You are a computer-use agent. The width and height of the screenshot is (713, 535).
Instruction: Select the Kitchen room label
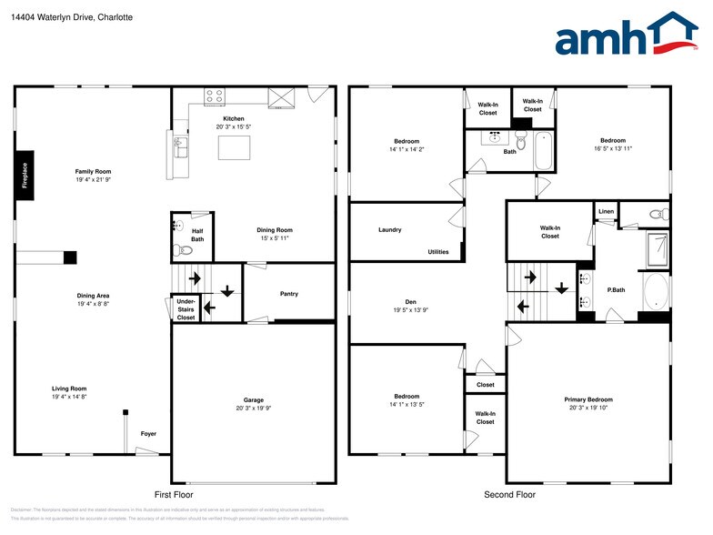[x=234, y=119]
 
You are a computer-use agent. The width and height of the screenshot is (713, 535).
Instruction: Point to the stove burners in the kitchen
[x=215, y=94]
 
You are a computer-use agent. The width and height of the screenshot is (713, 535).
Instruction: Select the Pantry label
[x=289, y=294]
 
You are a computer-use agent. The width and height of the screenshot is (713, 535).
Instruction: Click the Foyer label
[x=148, y=434]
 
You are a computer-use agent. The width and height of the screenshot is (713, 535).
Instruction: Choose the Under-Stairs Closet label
[x=186, y=309]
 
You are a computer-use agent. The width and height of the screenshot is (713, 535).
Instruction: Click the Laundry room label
[x=389, y=230]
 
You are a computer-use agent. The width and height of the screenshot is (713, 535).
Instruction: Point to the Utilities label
[x=437, y=252]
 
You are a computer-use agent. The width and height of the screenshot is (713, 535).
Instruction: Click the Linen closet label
[x=607, y=212]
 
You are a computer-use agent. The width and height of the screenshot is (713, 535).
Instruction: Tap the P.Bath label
[x=616, y=290]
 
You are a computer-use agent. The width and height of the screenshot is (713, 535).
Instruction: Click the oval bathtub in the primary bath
[x=655, y=291]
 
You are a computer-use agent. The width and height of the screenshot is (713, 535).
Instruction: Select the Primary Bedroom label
[x=587, y=399]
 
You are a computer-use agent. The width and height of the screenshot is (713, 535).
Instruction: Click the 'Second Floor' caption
[x=509, y=495]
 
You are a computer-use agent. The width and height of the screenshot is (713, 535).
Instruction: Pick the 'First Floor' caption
[x=174, y=495]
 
